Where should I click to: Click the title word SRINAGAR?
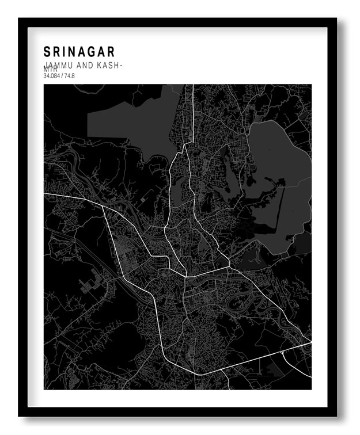pyautogui.click(x=79, y=52)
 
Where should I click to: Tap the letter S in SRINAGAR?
pyautogui.click(x=47, y=52)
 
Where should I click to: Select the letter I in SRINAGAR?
pyautogui.click(x=65, y=52)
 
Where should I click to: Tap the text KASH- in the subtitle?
pyautogui.click(x=109, y=65)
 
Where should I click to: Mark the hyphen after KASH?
pyautogui.click(x=120, y=66)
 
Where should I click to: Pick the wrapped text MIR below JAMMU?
pyautogui.click(x=50, y=70)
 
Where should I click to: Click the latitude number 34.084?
pyautogui.click(x=52, y=76)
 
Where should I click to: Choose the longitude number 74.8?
pyautogui.click(x=70, y=76)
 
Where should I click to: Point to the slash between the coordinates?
pyautogui.click(x=63, y=76)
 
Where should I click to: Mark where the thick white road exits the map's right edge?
pyautogui.click(x=310, y=344)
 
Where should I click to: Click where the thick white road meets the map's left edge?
pyautogui.click(x=45, y=194)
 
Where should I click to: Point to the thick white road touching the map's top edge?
pyautogui.click(x=192, y=86)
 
